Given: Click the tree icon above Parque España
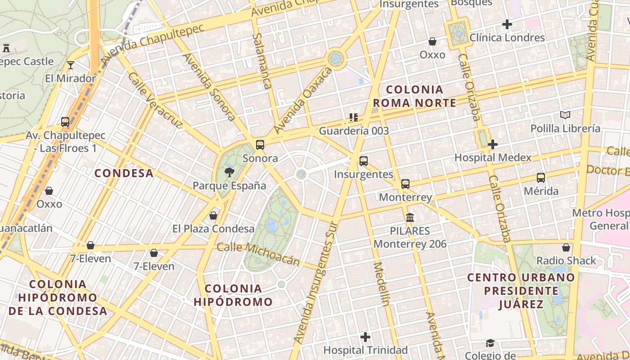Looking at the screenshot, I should click(x=229, y=171).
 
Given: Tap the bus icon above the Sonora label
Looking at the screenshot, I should click(x=260, y=145).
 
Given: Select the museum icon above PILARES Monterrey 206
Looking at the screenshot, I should click(x=410, y=218).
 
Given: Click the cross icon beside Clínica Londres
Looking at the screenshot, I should click(x=507, y=24).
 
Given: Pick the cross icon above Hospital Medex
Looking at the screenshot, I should click(x=493, y=144).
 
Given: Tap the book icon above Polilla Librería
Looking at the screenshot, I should click(x=565, y=115).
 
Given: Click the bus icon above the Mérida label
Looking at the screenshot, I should click(x=541, y=178).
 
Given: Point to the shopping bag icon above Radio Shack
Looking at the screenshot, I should click(x=566, y=247).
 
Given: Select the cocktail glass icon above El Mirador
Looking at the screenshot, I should click(x=70, y=65).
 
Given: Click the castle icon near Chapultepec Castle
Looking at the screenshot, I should click(x=6, y=48).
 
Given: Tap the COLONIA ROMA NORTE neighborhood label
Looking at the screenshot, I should click(x=414, y=96).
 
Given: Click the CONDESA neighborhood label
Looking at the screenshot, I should click(x=124, y=173).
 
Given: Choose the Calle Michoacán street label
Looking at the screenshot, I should click(x=258, y=254).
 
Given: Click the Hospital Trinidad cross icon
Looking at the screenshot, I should click(x=365, y=337).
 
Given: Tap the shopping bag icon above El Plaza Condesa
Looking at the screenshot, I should click(x=213, y=216).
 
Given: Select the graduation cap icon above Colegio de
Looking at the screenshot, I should click(x=490, y=343).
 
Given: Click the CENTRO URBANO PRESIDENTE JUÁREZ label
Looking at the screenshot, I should click(x=521, y=291).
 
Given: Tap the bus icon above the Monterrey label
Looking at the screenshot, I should click(x=405, y=184).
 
